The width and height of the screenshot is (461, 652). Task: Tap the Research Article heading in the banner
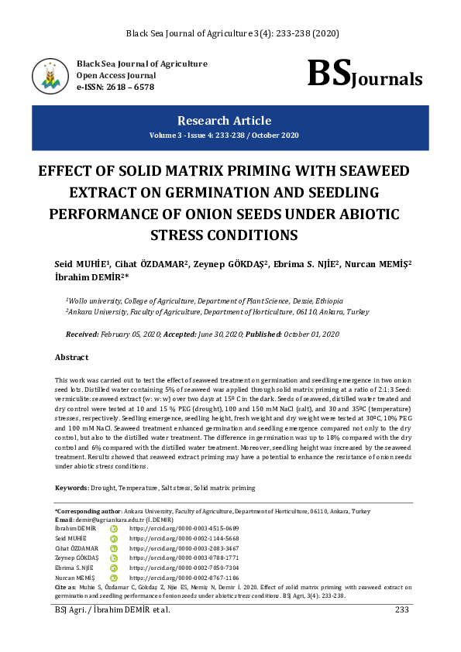224,121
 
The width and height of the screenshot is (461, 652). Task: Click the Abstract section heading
71,357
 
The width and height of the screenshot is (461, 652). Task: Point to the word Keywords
70,488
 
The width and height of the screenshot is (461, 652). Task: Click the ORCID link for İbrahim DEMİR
173,527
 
